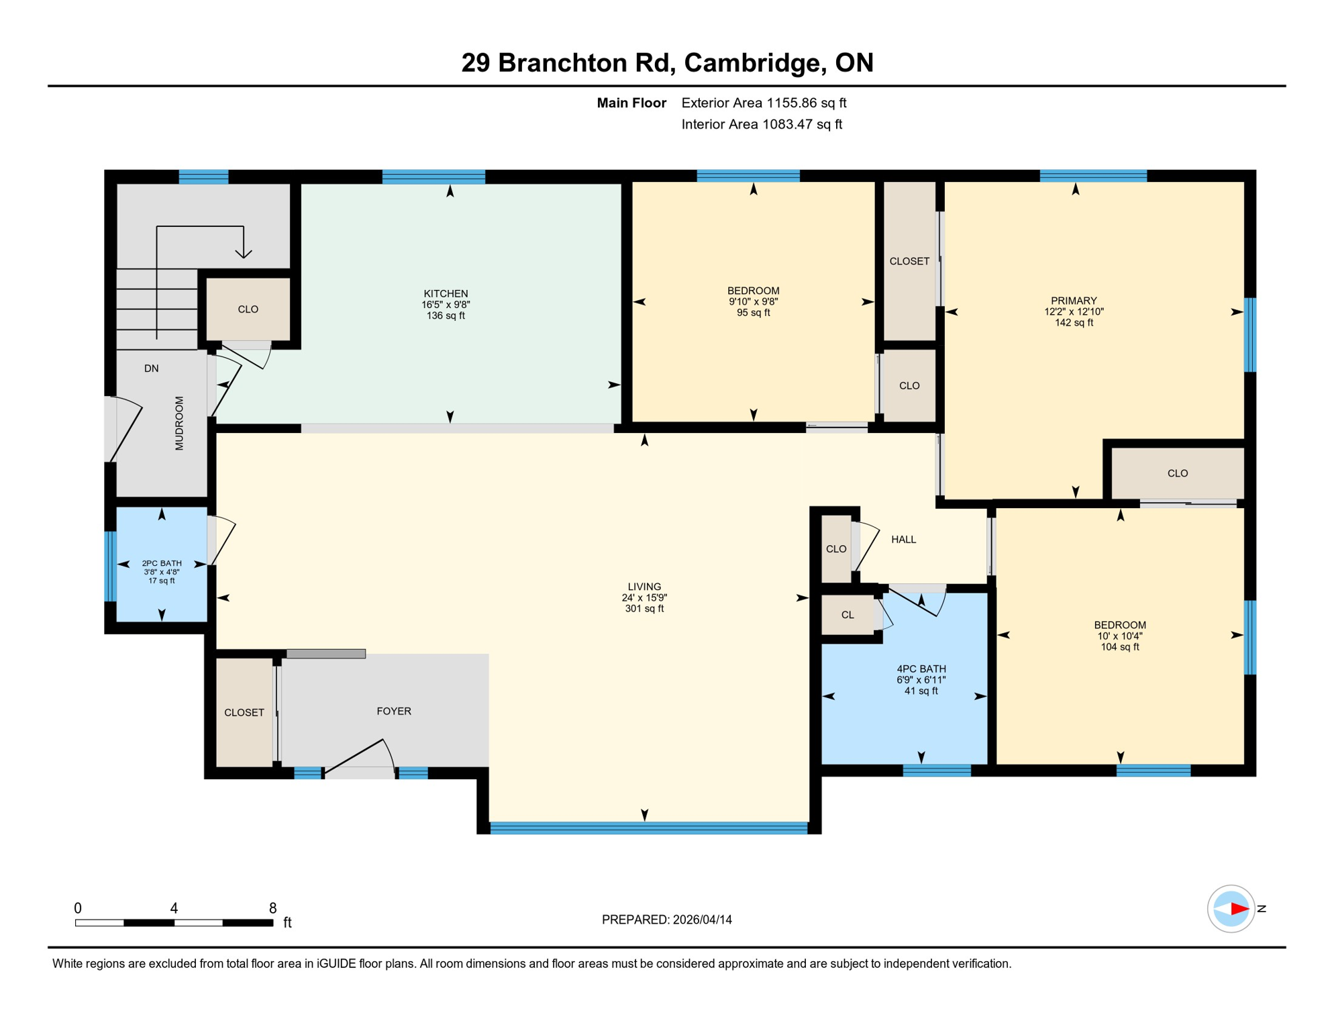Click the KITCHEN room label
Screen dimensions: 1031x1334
pyautogui.click(x=446, y=293)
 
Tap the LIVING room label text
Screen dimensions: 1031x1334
pyautogui.click(x=644, y=587)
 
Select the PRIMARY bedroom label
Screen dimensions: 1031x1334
pyautogui.click(x=1074, y=301)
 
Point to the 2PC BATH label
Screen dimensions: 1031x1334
pyautogui.click(x=162, y=563)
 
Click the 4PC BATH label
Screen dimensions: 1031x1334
pyautogui.click(x=921, y=669)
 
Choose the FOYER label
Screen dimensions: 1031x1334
pyautogui.click(x=394, y=711)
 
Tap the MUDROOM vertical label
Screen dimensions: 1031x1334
pyautogui.click(x=179, y=423)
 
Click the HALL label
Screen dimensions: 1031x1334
pyautogui.click(x=903, y=539)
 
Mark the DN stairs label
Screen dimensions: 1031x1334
pyautogui.click(x=152, y=368)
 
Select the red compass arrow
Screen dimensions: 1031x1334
pyautogui.click(x=1239, y=909)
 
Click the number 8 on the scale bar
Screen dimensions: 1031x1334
pyautogui.click(x=272, y=907)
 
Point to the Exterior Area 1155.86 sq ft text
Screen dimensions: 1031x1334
pyautogui.click(x=764, y=103)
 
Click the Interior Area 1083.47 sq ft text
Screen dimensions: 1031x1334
pyautogui.click(x=762, y=124)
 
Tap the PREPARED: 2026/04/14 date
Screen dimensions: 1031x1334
pyautogui.click(x=666, y=920)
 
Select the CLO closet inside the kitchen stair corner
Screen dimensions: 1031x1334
pyautogui.click(x=248, y=309)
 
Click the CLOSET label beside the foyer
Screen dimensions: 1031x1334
pyautogui.click(x=244, y=712)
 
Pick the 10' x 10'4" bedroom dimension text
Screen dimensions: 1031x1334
pyautogui.click(x=1119, y=636)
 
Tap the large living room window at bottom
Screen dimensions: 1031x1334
pyautogui.click(x=648, y=828)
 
